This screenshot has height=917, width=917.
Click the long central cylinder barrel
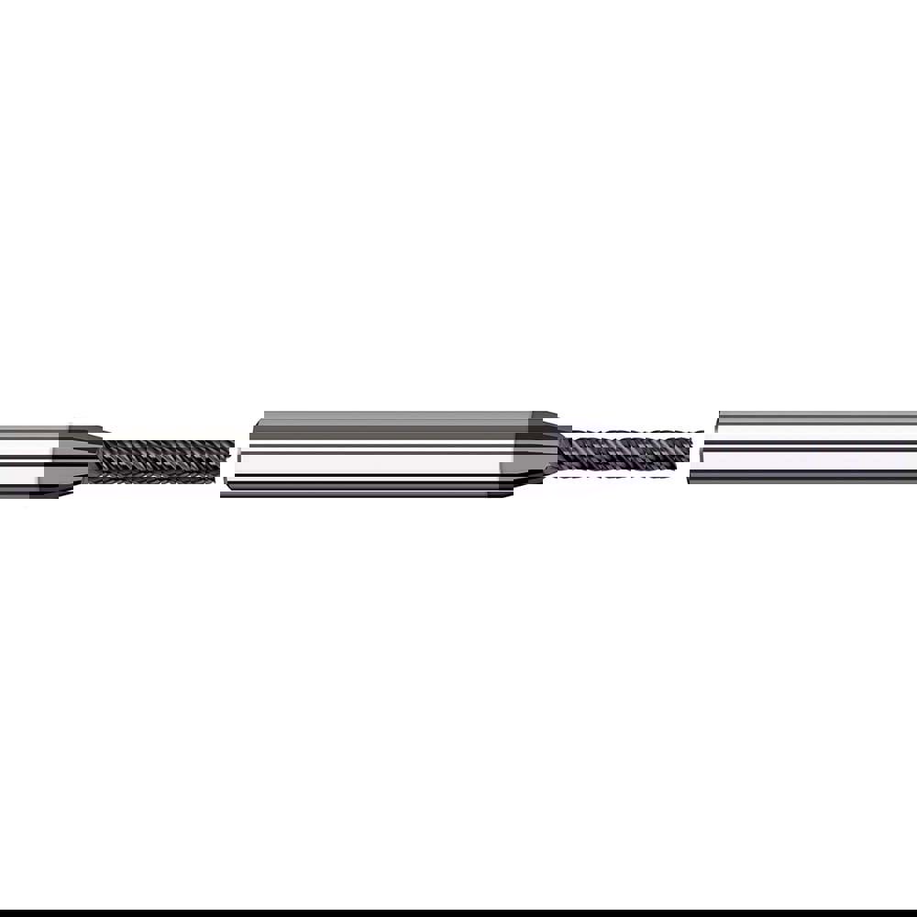pyautogui.click(x=376, y=454)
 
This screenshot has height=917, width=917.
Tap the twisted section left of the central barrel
pyautogui.click(x=160, y=458)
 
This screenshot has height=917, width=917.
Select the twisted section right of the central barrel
pyautogui.click(x=624, y=453)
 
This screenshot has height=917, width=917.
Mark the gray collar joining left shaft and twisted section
pyautogui.click(x=73, y=458)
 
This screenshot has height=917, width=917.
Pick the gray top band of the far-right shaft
pyautogui.click(x=816, y=423)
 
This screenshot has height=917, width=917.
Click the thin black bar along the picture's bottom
pyautogui.click(x=458, y=913)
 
